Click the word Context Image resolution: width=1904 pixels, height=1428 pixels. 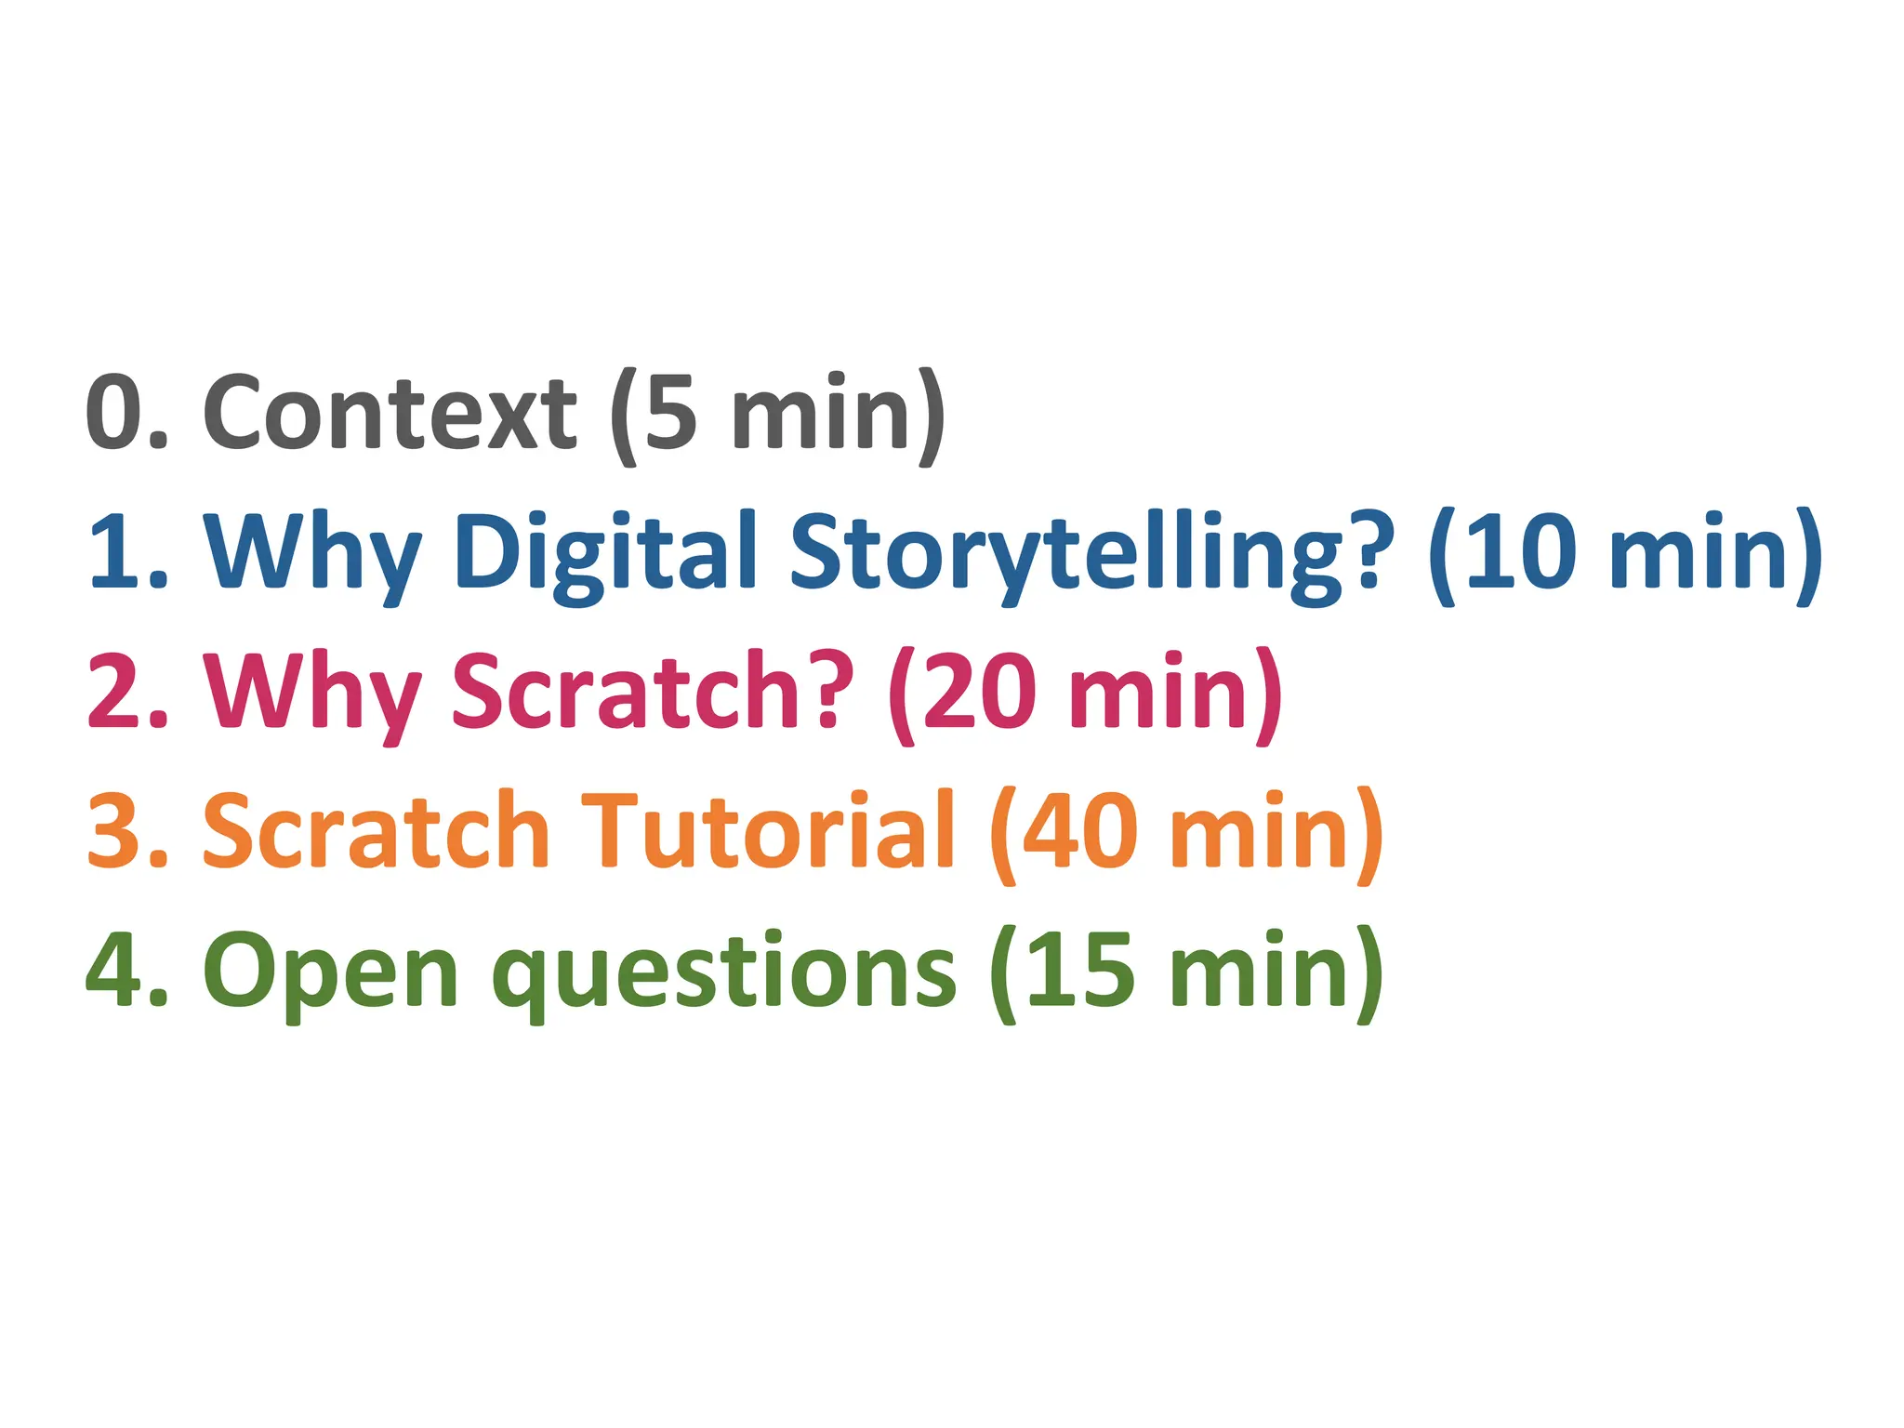point(390,412)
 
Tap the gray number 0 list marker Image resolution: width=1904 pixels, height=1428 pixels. point(115,412)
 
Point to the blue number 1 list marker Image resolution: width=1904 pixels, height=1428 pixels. point(115,552)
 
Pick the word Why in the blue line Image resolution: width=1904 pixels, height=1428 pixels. point(312,552)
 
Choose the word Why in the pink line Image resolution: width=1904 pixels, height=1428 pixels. point(312,692)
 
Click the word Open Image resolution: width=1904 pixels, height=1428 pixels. point(330,972)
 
